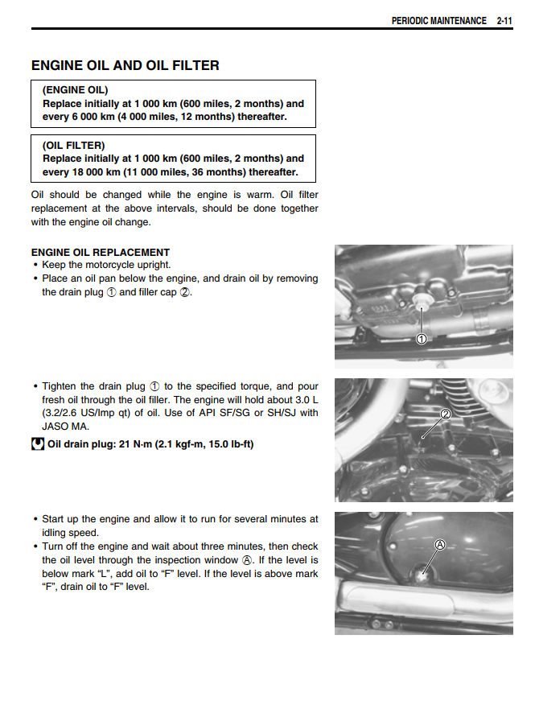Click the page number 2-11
(x=504, y=21)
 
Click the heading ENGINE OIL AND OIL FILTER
(x=125, y=65)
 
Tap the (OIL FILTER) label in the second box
(x=73, y=146)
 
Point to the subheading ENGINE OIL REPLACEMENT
(x=101, y=252)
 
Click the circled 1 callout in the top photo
(x=421, y=339)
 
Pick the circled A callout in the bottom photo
(x=439, y=545)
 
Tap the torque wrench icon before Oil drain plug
(x=37, y=443)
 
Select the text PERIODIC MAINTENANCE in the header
(x=438, y=21)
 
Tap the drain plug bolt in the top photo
(x=419, y=303)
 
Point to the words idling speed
(x=70, y=533)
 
